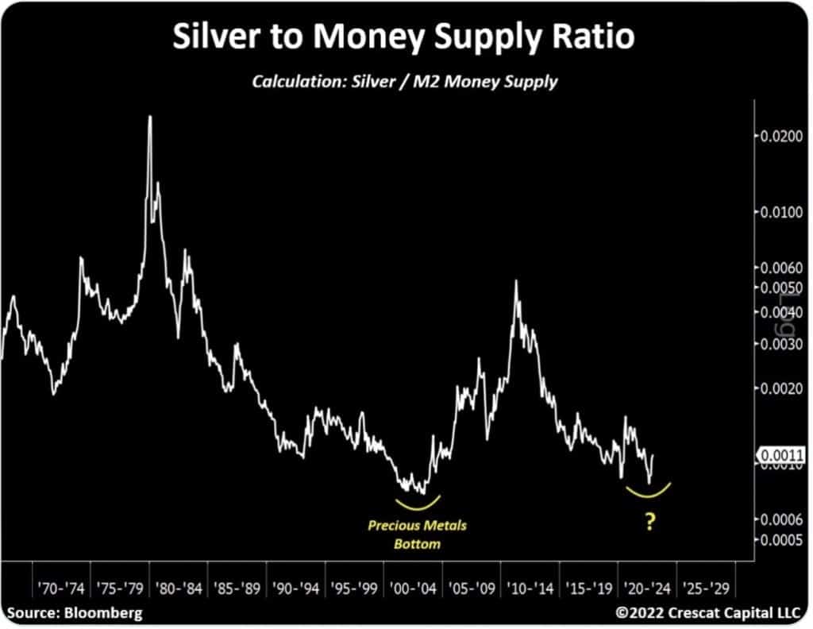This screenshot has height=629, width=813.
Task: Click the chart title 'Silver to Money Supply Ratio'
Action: pyautogui.click(x=406, y=37)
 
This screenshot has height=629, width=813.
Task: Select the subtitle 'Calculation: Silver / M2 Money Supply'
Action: pyautogui.click(x=405, y=82)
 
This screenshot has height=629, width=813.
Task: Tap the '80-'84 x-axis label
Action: pyautogui.click(x=179, y=590)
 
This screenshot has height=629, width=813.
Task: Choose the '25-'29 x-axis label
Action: pyautogui.click(x=705, y=590)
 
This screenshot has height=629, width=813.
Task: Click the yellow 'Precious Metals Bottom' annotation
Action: pyautogui.click(x=417, y=534)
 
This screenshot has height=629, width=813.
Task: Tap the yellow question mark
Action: pyautogui.click(x=650, y=523)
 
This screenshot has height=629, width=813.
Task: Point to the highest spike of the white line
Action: pyautogui.click(x=149, y=118)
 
